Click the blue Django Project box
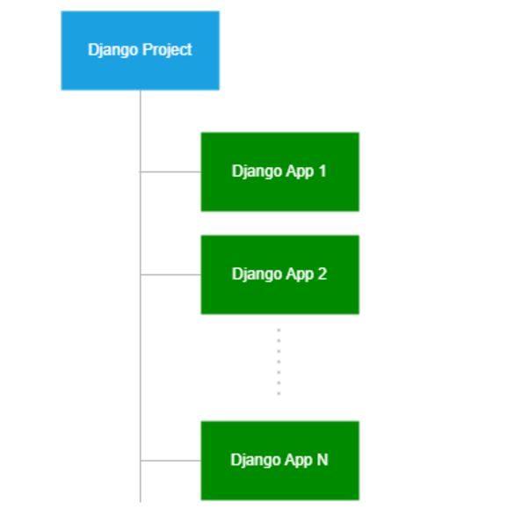pyautogui.click(x=140, y=50)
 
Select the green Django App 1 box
pyautogui.click(x=279, y=171)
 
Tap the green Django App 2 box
pyautogui.click(x=279, y=274)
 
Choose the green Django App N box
pyautogui.click(x=279, y=460)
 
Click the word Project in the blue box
pyautogui.click(x=170, y=49)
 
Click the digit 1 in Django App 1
pyautogui.click(x=323, y=171)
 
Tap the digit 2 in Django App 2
pyautogui.click(x=323, y=273)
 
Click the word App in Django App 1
pyautogui.click(x=300, y=171)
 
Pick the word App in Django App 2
pyautogui.click(x=300, y=274)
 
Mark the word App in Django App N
pyautogui.click(x=299, y=461)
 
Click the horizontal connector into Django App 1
pyautogui.click(x=170, y=171)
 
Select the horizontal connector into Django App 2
pyautogui.click(x=170, y=274)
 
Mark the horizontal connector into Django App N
pyautogui.click(x=170, y=460)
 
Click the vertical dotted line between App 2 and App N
pyautogui.click(x=279, y=362)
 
